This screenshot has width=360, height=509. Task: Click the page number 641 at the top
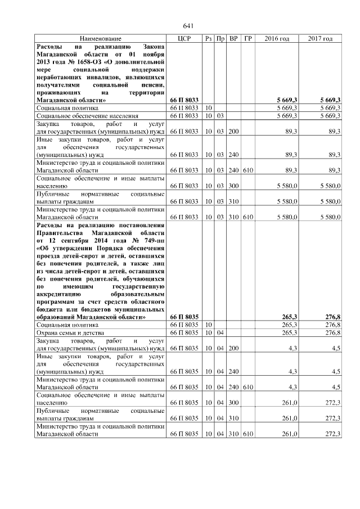tap(188, 26)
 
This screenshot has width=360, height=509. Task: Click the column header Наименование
tap(100, 38)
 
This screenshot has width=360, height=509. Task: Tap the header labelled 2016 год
tap(277, 38)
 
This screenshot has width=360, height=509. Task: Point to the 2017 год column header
tap(320, 38)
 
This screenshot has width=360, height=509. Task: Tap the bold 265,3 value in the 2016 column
tap(288, 318)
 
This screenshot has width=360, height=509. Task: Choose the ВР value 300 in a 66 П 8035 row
tap(233, 403)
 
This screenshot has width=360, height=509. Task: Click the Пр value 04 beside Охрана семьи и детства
tap(221, 333)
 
